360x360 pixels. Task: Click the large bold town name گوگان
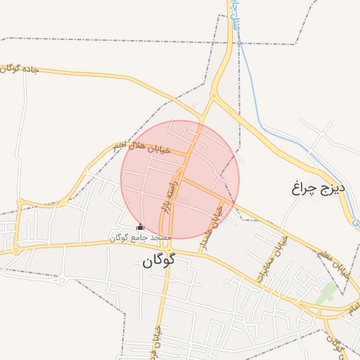(x=157, y=260)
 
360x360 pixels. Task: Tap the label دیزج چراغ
(x=315, y=188)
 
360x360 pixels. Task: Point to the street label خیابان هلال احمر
(x=141, y=148)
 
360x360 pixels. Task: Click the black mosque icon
(x=140, y=227)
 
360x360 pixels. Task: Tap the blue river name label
(x=234, y=18)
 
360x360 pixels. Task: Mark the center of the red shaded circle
(x=180, y=179)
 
